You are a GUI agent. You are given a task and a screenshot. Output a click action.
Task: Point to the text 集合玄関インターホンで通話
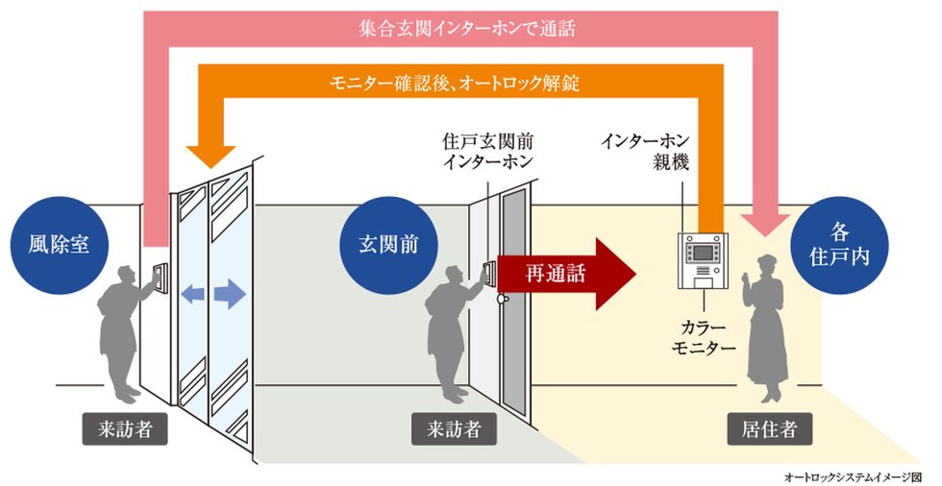coord(461,29)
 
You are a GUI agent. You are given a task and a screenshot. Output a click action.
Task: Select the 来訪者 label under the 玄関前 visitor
coord(454,429)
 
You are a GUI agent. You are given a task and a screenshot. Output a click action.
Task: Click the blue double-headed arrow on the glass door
coord(212,295)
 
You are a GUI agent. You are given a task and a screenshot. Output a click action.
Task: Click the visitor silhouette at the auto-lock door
coord(123,331)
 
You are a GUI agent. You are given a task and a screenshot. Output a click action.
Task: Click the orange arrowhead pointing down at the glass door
coord(213,155)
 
